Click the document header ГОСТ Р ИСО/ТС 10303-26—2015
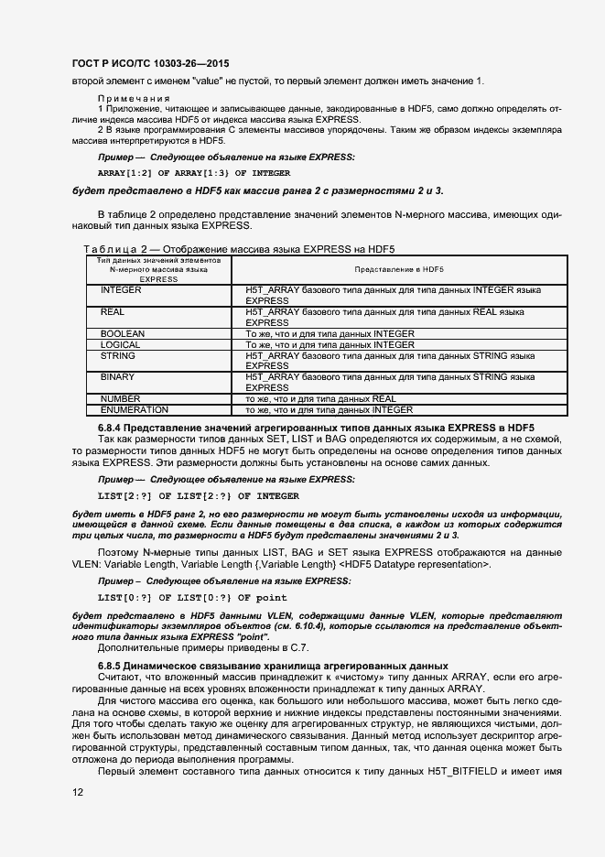click(149, 62)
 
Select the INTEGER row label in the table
click(121, 289)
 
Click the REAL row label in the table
click(113, 312)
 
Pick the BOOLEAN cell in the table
click(123, 333)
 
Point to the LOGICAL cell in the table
click(121, 344)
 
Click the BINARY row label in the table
click(117, 376)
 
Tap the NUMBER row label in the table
click(120, 399)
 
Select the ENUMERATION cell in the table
click(134, 410)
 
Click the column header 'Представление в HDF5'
click(398, 270)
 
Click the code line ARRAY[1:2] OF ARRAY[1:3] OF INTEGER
click(194, 172)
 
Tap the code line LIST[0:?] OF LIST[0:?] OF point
click(192, 597)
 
